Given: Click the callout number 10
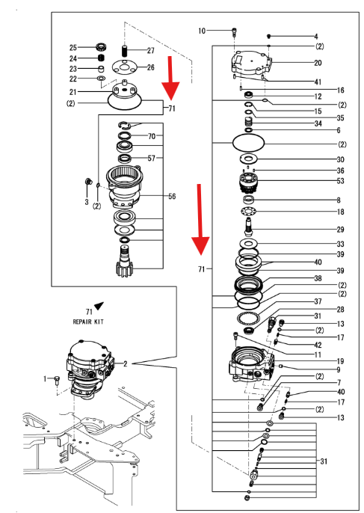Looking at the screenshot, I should (x=202, y=31).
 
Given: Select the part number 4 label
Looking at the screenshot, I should (x=315, y=36).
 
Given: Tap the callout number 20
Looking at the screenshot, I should (x=318, y=63).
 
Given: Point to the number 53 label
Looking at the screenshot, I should (x=318, y=181).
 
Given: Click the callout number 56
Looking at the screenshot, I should (x=172, y=197).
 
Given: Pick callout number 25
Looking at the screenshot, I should (x=73, y=47).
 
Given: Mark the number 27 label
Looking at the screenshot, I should (x=150, y=51).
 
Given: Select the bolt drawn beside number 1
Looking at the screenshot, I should (x=57, y=381).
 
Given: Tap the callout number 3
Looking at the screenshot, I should (x=87, y=202).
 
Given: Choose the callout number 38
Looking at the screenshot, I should (x=318, y=277).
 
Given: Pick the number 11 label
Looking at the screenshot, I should (x=318, y=354).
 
